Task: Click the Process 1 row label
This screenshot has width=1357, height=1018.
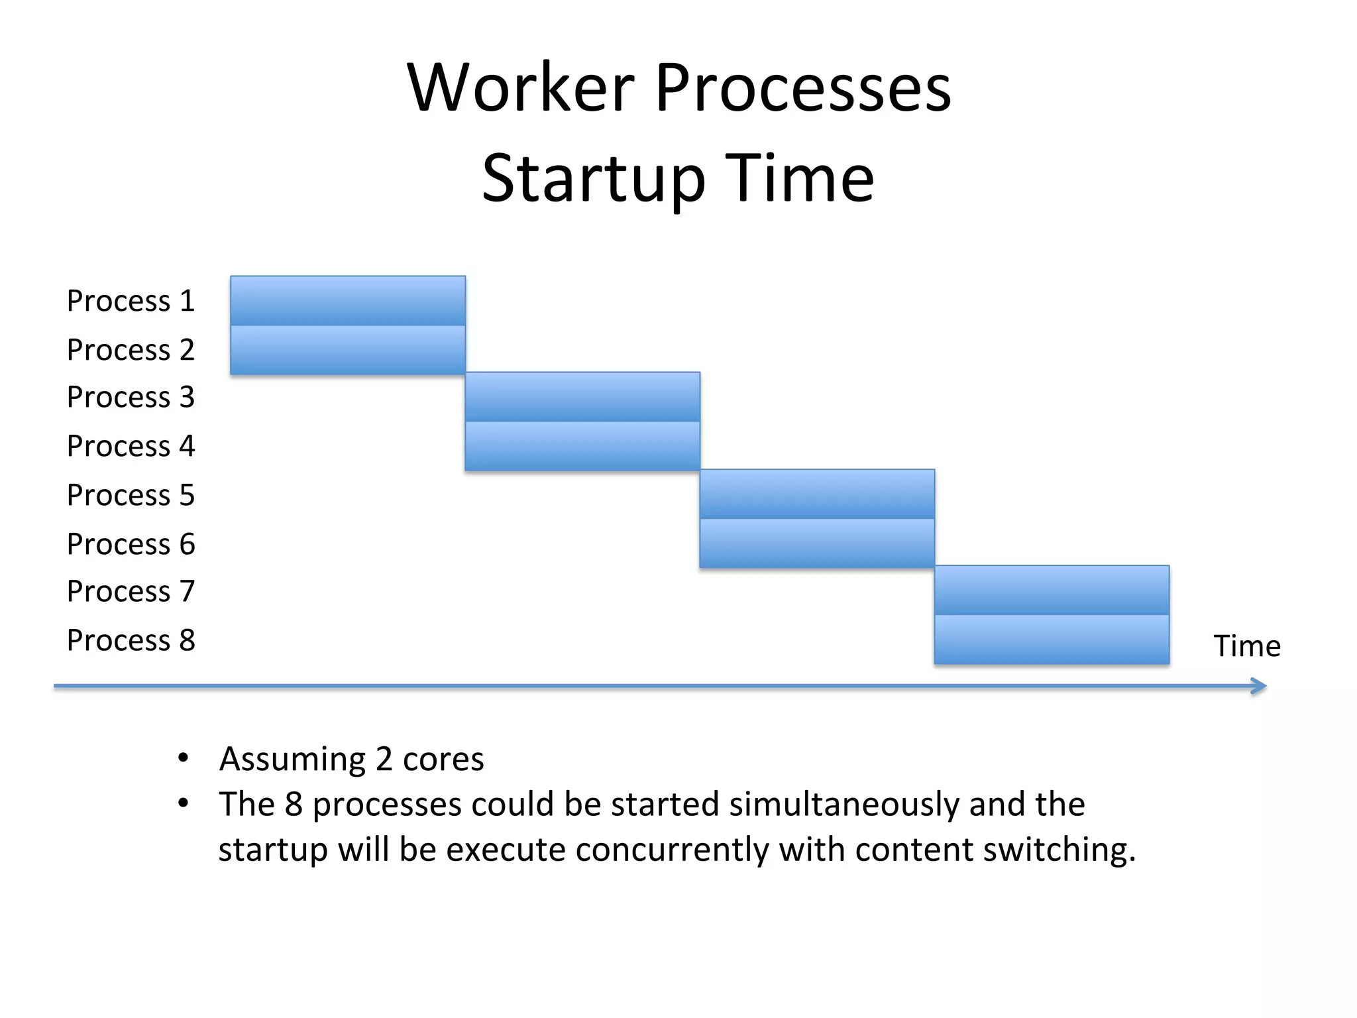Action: point(131,301)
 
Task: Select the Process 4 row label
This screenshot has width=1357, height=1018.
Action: point(131,446)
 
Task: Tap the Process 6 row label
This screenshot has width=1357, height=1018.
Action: point(131,544)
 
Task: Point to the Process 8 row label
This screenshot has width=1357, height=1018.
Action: point(131,640)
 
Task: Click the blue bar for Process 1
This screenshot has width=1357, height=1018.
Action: point(348,301)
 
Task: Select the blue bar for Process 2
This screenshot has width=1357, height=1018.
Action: point(348,350)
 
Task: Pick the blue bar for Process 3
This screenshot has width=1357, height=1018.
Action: point(582,397)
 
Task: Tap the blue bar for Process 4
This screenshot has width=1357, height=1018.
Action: point(582,446)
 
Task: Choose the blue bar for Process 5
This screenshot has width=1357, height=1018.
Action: point(817,494)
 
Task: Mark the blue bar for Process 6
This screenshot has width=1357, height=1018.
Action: point(817,543)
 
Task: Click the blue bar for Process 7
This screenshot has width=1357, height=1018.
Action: point(1052,591)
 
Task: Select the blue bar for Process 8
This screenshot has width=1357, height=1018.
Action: point(1052,640)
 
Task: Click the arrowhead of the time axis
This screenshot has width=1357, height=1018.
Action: point(1259,686)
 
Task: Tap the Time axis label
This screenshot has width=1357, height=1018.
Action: point(1246,646)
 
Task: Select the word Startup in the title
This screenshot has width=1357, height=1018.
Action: point(593,179)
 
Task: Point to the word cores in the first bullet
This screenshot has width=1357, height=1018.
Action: point(443,760)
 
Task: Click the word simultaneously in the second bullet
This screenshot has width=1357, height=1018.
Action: point(844,805)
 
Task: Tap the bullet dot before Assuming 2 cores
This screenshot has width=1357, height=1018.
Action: point(184,758)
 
